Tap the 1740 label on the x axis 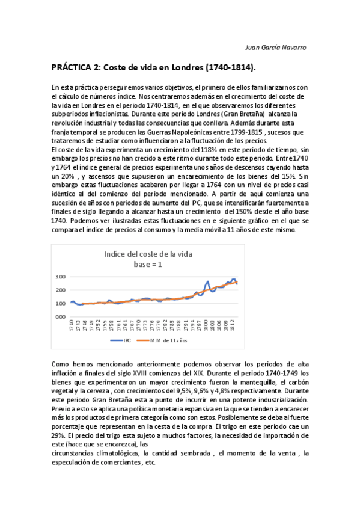click(72, 328)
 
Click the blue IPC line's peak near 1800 click(208, 281)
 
